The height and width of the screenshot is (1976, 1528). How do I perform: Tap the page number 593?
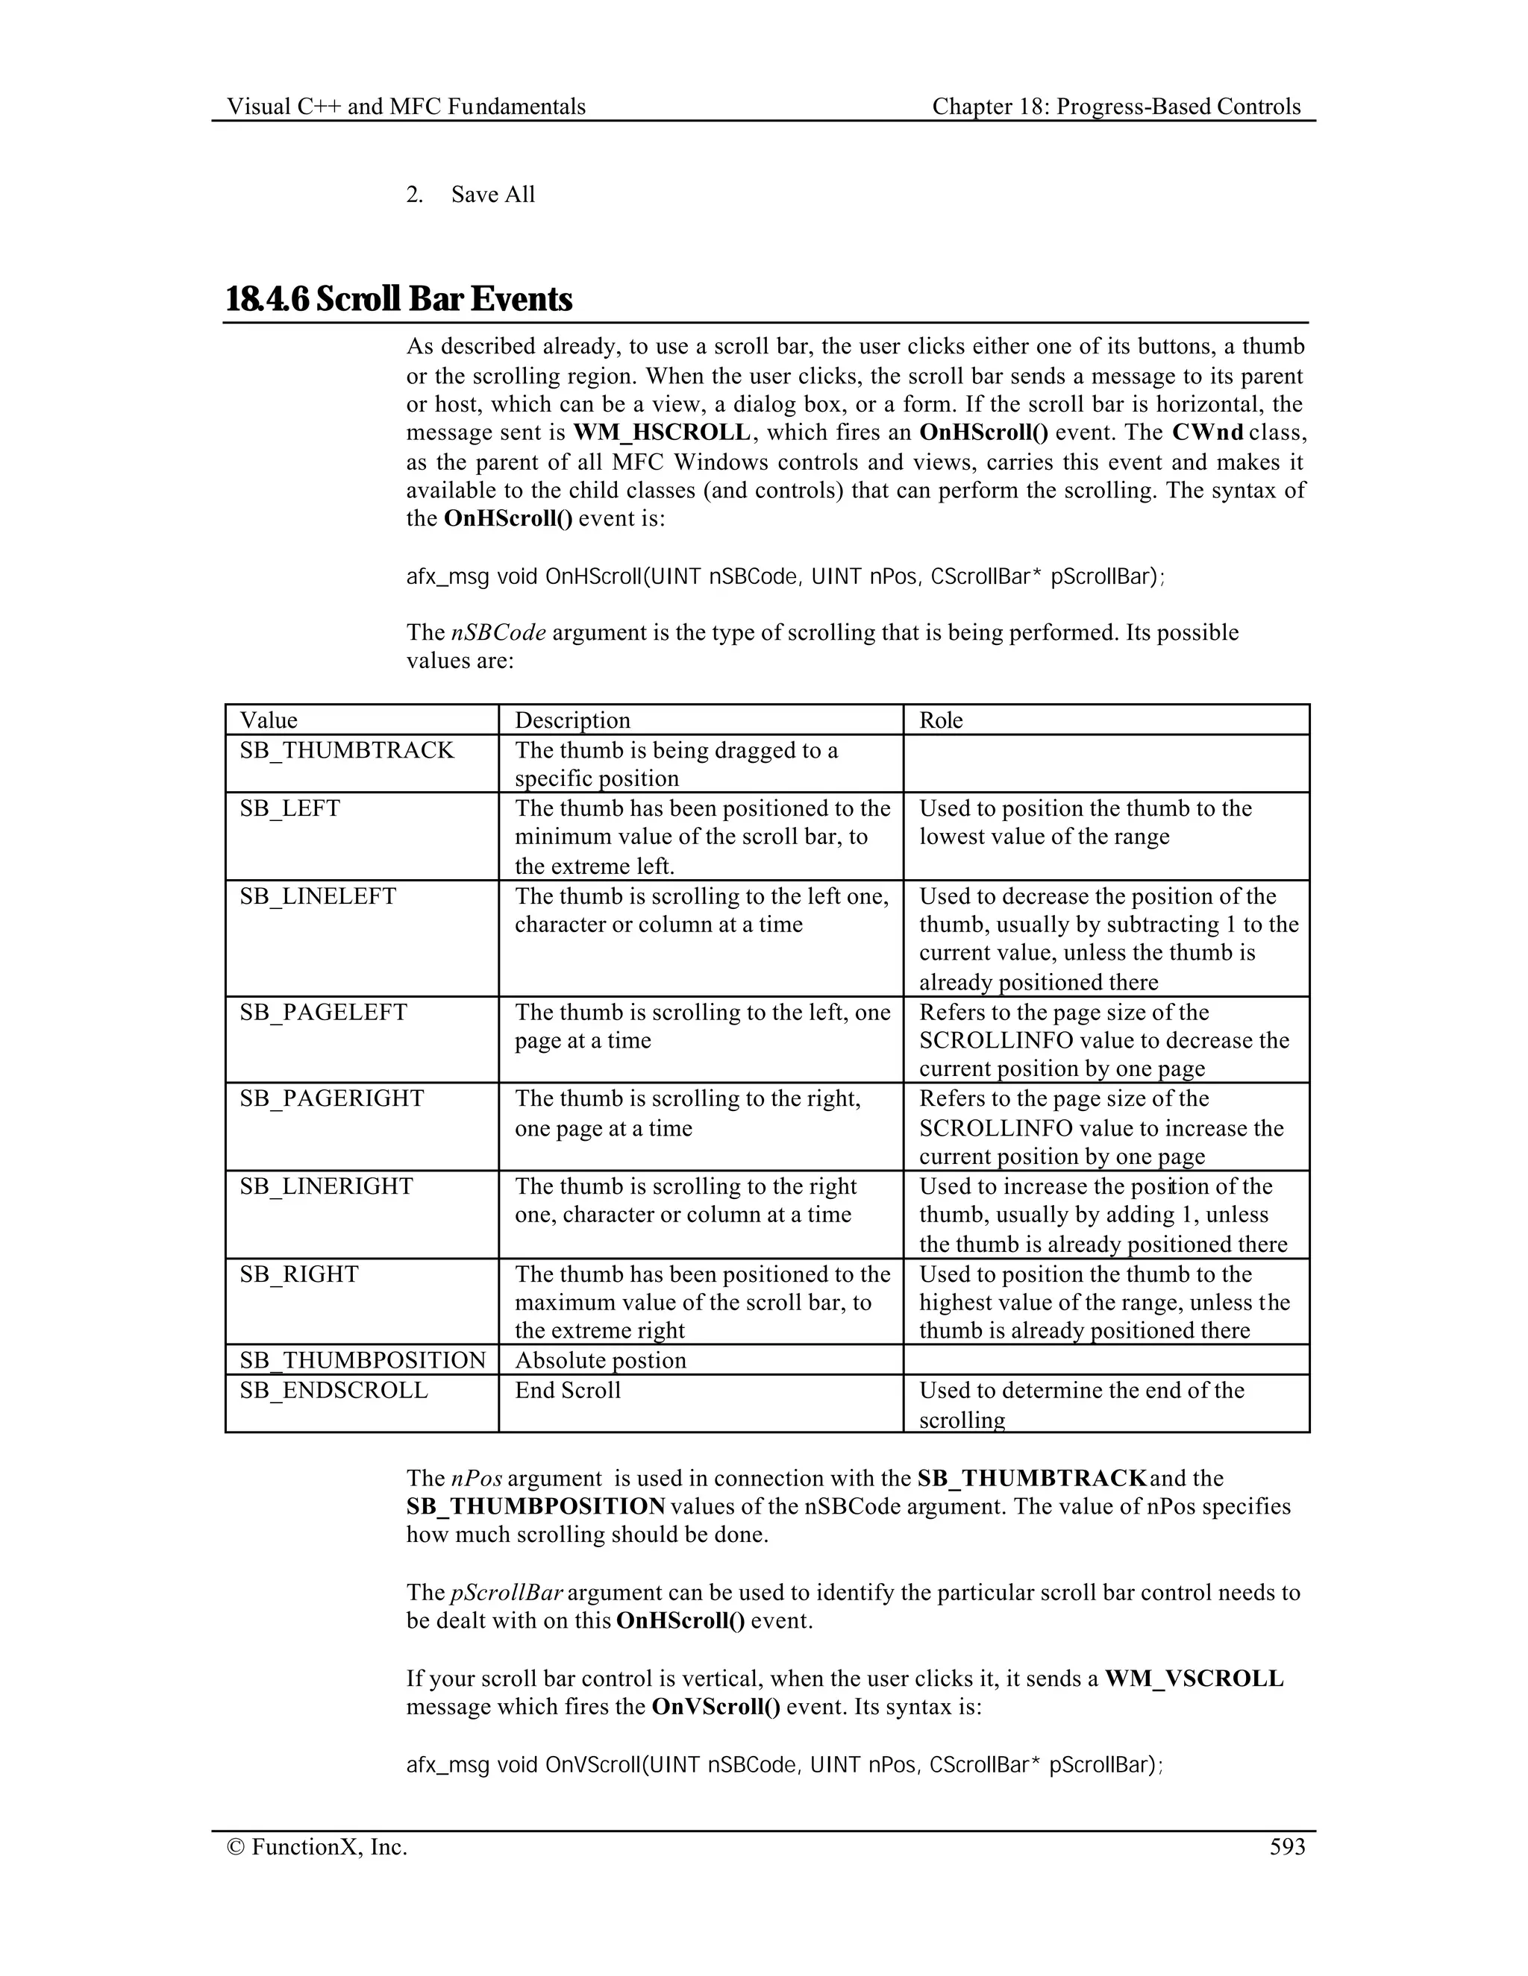(x=1287, y=1846)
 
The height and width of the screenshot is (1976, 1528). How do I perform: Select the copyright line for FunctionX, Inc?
(x=318, y=1846)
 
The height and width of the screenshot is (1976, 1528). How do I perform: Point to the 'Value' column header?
(x=269, y=720)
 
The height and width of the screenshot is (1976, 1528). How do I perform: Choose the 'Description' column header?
(x=572, y=720)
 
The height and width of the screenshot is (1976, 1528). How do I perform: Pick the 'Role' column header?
(x=942, y=720)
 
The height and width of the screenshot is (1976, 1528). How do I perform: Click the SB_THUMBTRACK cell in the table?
(x=347, y=750)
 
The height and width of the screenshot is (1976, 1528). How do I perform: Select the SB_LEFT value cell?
(x=289, y=808)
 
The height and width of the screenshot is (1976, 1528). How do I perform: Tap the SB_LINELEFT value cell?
(x=318, y=896)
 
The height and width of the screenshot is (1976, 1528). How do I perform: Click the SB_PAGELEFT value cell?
(x=323, y=1012)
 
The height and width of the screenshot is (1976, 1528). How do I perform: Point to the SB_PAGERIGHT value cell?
(x=331, y=1098)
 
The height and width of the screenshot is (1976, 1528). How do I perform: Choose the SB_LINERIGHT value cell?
(x=326, y=1186)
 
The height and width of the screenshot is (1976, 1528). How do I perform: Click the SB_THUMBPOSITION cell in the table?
(x=362, y=1360)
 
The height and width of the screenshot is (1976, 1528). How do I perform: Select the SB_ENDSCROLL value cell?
(x=333, y=1390)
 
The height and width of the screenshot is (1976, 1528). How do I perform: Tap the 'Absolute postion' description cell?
(x=600, y=1360)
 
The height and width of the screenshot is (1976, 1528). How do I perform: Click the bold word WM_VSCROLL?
(x=1194, y=1678)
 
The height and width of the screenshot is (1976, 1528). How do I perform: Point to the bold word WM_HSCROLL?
(x=662, y=432)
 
